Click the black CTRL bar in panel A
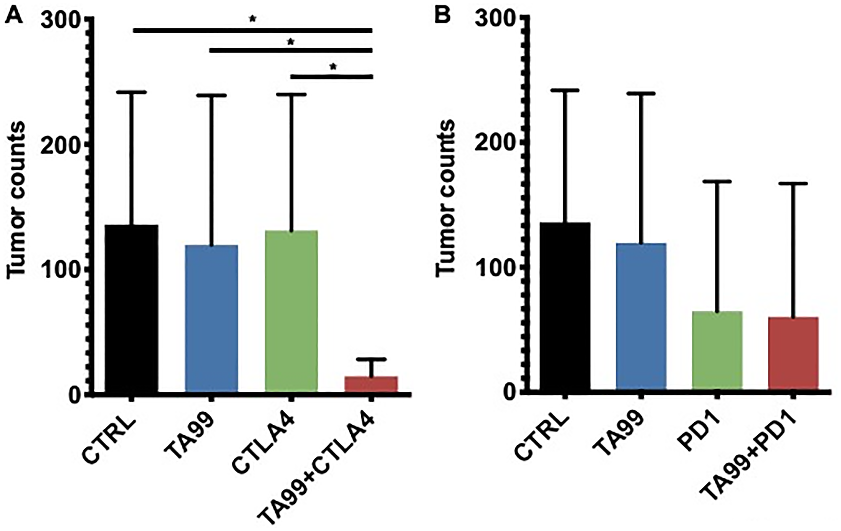[131, 309]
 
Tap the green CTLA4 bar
[291, 311]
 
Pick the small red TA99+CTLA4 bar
[371, 384]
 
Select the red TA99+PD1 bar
[793, 353]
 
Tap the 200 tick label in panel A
[61, 145]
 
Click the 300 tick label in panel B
[495, 19]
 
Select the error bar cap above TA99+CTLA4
[371, 359]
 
